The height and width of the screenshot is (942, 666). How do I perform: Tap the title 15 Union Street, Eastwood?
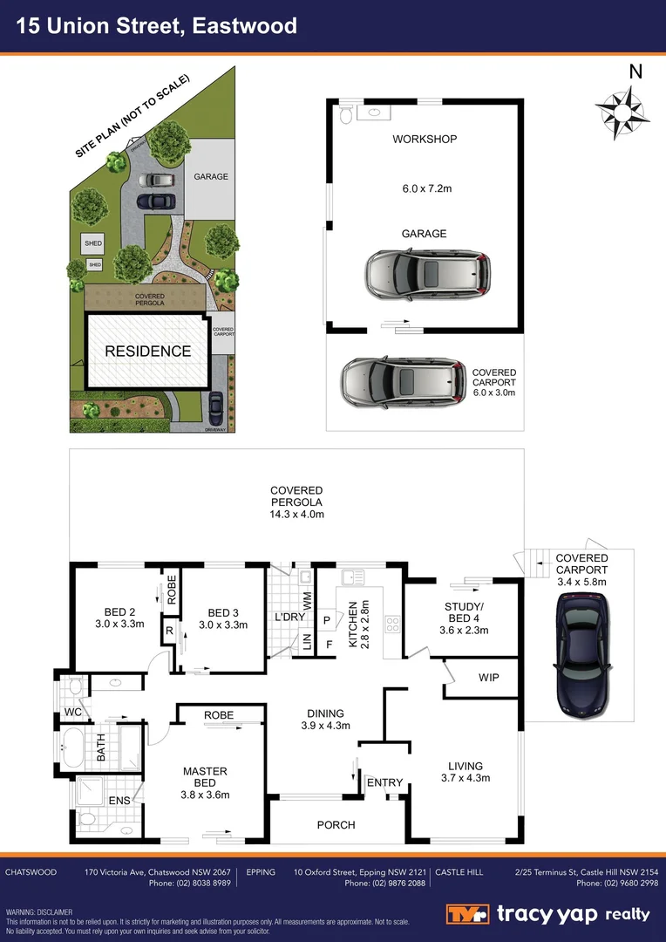(158, 26)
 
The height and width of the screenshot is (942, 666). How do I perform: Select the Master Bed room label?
(205, 777)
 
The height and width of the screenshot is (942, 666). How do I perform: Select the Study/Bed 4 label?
(463, 617)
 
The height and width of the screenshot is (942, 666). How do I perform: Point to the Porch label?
(336, 824)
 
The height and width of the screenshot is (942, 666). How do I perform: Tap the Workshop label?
(425, 139)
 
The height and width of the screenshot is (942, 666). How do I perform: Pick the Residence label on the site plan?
(147, 352)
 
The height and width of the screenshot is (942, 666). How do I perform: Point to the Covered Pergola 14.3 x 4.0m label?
(296, 502)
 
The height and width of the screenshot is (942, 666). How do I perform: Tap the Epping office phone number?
(385, 884)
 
